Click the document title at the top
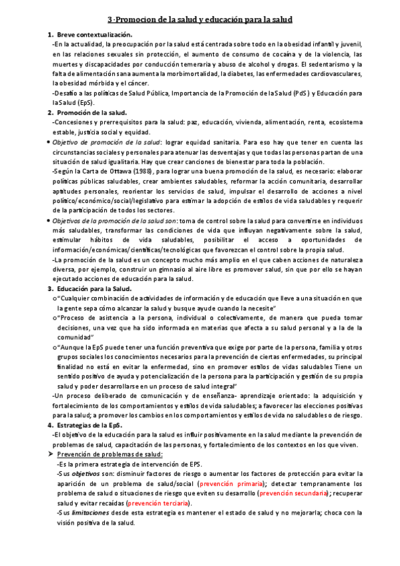[200, 21]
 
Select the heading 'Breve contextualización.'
[95, 34]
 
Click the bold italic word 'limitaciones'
[92, 513]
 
